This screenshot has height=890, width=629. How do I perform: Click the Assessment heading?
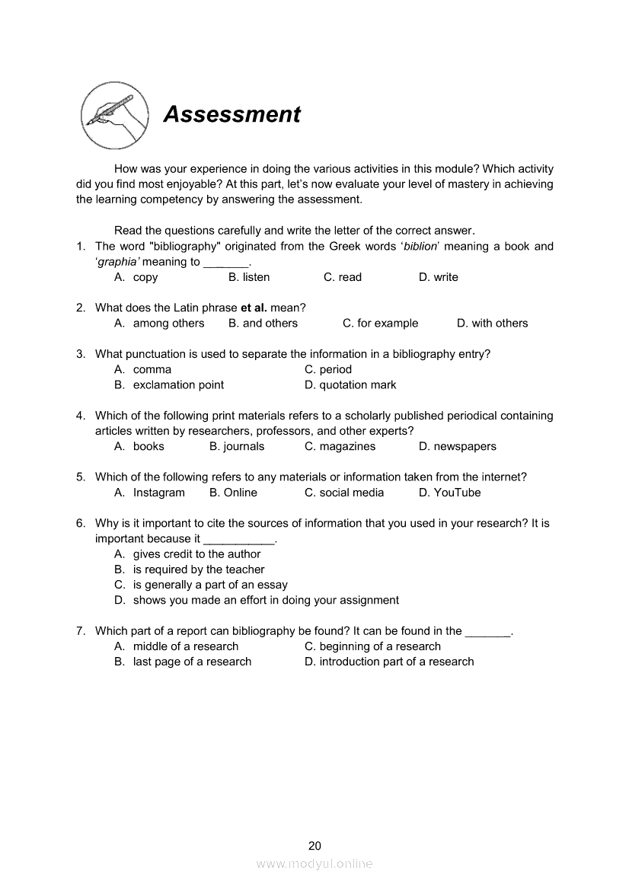click(x=232, y=114)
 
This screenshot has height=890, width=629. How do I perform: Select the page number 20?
click(x=314, y=846)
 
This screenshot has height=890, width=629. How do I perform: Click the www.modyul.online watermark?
click(x=314, y=864)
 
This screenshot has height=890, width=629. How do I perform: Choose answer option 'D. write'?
click(x=439, y=277)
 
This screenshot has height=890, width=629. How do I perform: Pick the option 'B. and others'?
click(x=263, y=324)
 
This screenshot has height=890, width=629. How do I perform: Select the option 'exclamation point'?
click(x=178, y=385)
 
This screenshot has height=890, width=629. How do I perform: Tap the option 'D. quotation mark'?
click(x=350, y=385)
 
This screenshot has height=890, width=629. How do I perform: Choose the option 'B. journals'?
click(x=237, y=447)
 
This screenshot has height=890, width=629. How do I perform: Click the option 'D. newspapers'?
click(x=457, y=447)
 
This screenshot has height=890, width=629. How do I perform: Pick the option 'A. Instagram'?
click(x=150, y=493)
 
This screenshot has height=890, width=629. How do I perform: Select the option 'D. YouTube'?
click(x=449, y=493)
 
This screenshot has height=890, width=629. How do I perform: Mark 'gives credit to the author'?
click(x=196, y=554)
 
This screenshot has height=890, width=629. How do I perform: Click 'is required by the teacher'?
click(x=199, y=569)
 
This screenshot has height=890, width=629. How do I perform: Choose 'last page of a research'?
click(x=192, y=662)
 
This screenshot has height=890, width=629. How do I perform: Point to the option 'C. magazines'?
click(x=340, y=447)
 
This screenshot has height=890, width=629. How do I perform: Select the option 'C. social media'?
click(x=344, y=493)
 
